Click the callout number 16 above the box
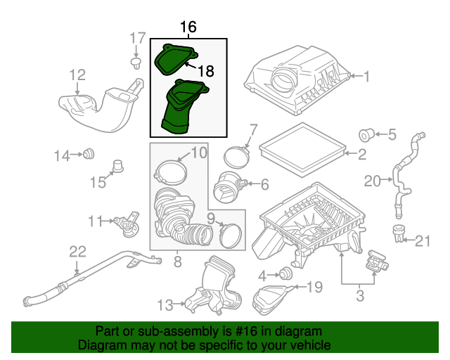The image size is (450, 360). point(187,27)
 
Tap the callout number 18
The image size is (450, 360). point(205,70)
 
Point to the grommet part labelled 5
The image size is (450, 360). point(366,134)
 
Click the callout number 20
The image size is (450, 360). point(373,182)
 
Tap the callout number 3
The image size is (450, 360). point(359,296)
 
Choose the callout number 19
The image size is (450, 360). point(314,286)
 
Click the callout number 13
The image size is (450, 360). point(165,304)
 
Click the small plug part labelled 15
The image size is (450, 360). point(119,167)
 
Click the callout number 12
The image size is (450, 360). point(77,74)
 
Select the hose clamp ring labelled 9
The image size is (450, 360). point(230,233)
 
